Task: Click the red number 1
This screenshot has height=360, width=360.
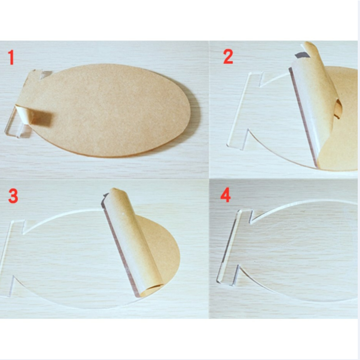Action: [x=11, y=57]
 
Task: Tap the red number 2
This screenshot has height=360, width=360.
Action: [x=228, y=57]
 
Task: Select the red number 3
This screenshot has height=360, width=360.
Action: [x=13, y=196]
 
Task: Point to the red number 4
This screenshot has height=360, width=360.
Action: [x=225, y=195]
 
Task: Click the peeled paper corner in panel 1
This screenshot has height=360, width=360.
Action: [x=35, y=116]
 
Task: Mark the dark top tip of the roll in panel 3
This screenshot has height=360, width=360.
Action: [x=105, y=196]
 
